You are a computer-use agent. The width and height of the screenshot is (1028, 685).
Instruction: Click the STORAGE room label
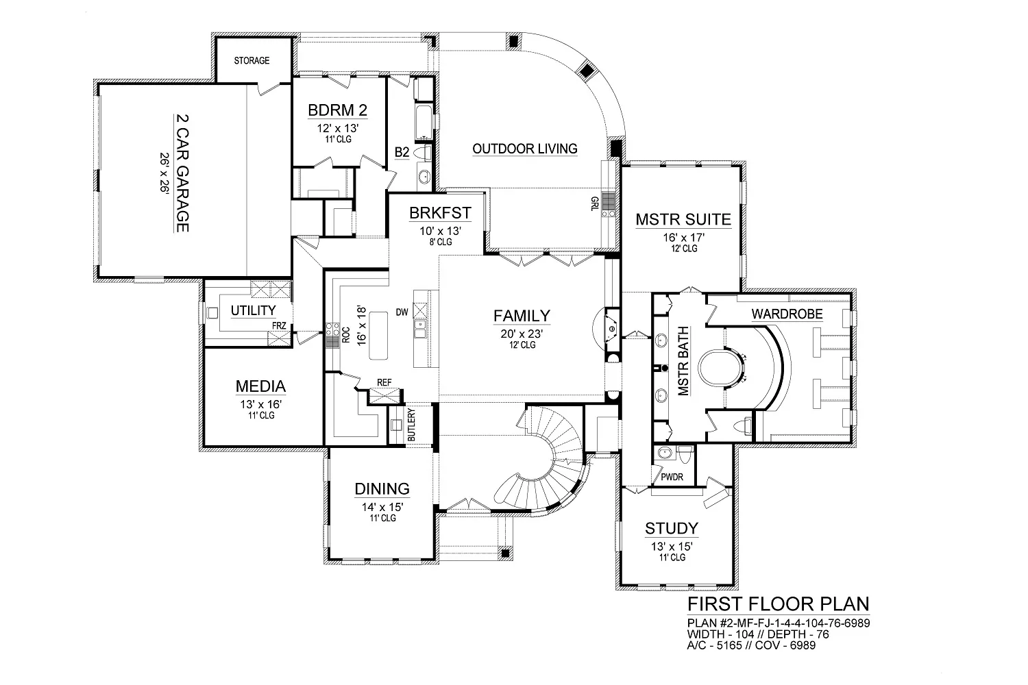(x=252, y=60)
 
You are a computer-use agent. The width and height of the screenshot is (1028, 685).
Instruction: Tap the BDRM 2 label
(x=337, y=110)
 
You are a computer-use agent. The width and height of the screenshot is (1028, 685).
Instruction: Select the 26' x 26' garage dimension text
(x=164, y=173)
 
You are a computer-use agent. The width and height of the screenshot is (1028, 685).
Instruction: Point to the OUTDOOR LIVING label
(x=524, y=149)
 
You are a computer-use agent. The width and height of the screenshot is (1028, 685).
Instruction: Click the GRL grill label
(x=595, y=203)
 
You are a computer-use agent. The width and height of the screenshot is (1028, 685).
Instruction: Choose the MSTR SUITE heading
(x=683, y=219)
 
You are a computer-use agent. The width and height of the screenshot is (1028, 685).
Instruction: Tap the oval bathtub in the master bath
(x=720, y=368)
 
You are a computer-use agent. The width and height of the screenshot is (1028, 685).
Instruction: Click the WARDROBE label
(x=787, y=314)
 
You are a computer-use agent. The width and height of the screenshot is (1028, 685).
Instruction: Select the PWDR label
(x=672, y=477)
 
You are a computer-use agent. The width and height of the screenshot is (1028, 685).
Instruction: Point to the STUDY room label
(x=672, y=529)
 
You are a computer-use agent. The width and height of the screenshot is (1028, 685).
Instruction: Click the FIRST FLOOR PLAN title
(x=779, y=603)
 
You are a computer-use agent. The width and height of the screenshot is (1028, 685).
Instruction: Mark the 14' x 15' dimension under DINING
(x=382, y=507)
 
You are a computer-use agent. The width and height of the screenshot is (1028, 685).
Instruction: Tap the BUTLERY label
(x=411, y=425)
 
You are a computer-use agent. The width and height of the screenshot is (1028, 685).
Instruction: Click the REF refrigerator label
(x=384, y=383)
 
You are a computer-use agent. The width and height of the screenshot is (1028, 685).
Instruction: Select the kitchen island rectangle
(x=378, y=336)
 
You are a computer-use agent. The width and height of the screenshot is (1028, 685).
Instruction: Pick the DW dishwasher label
(x=402, y=312)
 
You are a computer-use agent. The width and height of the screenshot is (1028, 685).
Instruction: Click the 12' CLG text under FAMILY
(x=522, y=345)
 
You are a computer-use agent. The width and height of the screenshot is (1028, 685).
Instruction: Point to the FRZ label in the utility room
(x=279, y=326)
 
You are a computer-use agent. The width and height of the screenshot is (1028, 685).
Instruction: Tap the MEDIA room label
(x=260, y=386)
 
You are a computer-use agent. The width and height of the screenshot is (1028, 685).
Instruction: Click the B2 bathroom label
(x=402, y=152)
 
